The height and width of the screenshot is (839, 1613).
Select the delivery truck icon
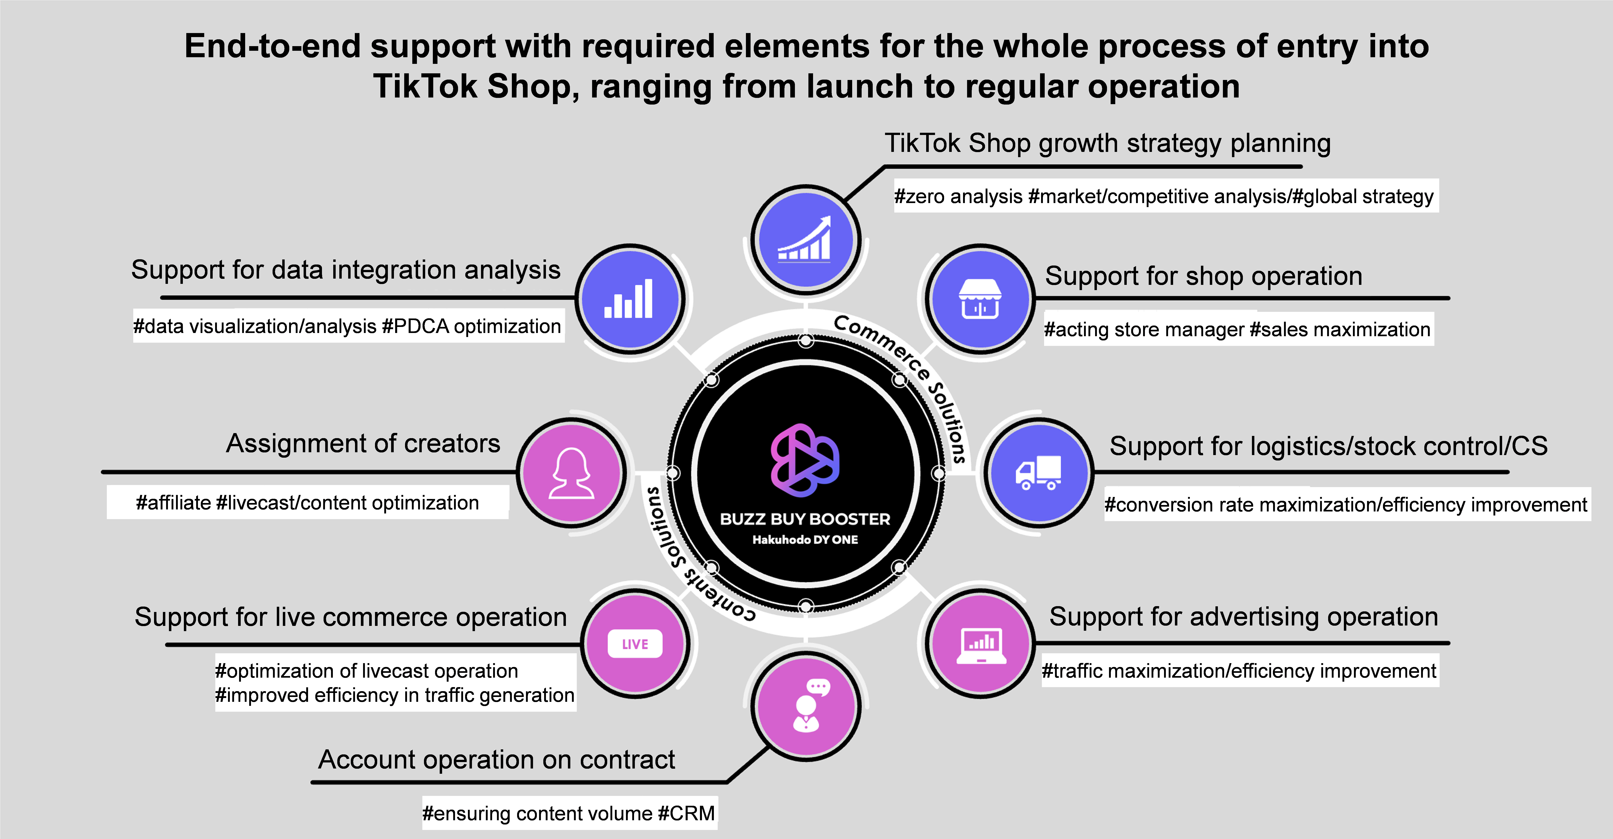click(1038, 472)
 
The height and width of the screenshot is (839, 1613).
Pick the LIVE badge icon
click(635, 644)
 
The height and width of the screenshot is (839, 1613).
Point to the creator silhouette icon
click(571, 473)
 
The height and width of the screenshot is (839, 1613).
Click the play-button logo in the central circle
click(805, 460)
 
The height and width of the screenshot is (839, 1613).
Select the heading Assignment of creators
click(363, 443)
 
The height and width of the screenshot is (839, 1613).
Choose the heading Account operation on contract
click(497, 760)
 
